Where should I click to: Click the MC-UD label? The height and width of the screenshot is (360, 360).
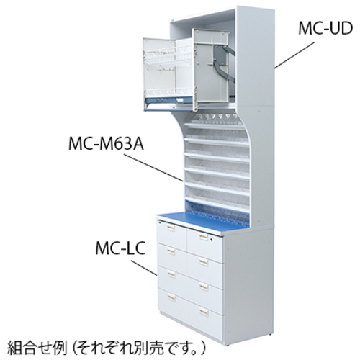(x=325, y=28)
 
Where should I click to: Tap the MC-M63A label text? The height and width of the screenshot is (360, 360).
(x=106, y=144)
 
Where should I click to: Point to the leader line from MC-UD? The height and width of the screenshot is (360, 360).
(x=294, y=55)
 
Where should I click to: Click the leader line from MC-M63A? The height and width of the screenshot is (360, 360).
(x=153, y=167)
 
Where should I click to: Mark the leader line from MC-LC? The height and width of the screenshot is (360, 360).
(x=144, y=269)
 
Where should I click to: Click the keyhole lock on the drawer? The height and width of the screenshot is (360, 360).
(x=211, y=240)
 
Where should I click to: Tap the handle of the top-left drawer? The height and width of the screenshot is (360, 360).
(x=171, y=228)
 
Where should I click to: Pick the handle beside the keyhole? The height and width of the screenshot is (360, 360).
(x=203, y=237)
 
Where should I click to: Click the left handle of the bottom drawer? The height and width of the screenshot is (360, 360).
(x=171, y=297)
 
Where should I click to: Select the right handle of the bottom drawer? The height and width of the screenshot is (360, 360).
(x=204, y=312)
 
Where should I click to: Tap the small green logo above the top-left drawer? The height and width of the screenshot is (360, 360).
(x=158, y=222)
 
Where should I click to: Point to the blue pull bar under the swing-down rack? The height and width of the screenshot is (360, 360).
(x=169, y=100)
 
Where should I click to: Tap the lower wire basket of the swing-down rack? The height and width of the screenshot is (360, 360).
(x=168, y=92)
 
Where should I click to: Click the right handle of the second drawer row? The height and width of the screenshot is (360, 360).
(x=204, y=261)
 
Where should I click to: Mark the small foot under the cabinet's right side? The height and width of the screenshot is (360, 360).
(x=271, y=334)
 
